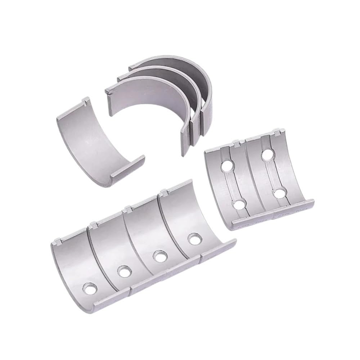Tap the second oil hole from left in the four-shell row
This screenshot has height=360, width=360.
[123, 272]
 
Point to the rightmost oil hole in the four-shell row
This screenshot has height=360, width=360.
[194, 239]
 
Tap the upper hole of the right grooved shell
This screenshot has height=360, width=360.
[267, 155]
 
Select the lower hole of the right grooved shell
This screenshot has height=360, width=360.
[279, 193]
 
